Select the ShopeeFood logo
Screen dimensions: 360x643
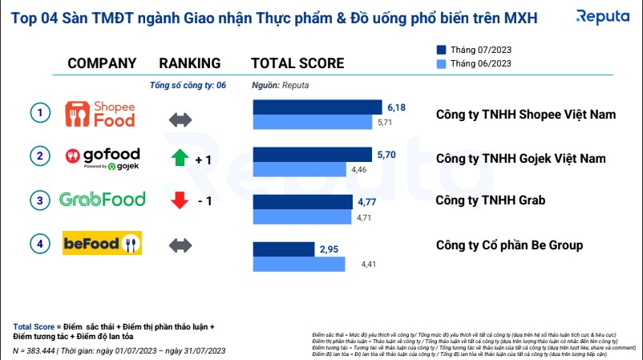(x=99, y=114)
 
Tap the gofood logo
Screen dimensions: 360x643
(x=103, y=157)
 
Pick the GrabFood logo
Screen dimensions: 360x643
(x=103, y=200)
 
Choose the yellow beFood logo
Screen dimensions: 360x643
(x=103, y=242)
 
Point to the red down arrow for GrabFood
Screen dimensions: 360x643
(x=180, y=200)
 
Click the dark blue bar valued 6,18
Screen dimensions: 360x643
(x=317, y=107)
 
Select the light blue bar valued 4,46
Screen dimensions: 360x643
(x=298, y=169)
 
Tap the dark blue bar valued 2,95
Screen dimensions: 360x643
(x=284, y=249)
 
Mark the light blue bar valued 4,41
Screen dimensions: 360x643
(x=298, y=264)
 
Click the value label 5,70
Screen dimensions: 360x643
(x=386, y=153)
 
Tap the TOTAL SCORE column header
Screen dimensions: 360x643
(x=297, y=63)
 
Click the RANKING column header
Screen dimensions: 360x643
(x=190, y=63)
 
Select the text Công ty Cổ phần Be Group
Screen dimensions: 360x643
(x=509, y=245)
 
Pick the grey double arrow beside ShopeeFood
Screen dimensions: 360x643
(x=180, y=119)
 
